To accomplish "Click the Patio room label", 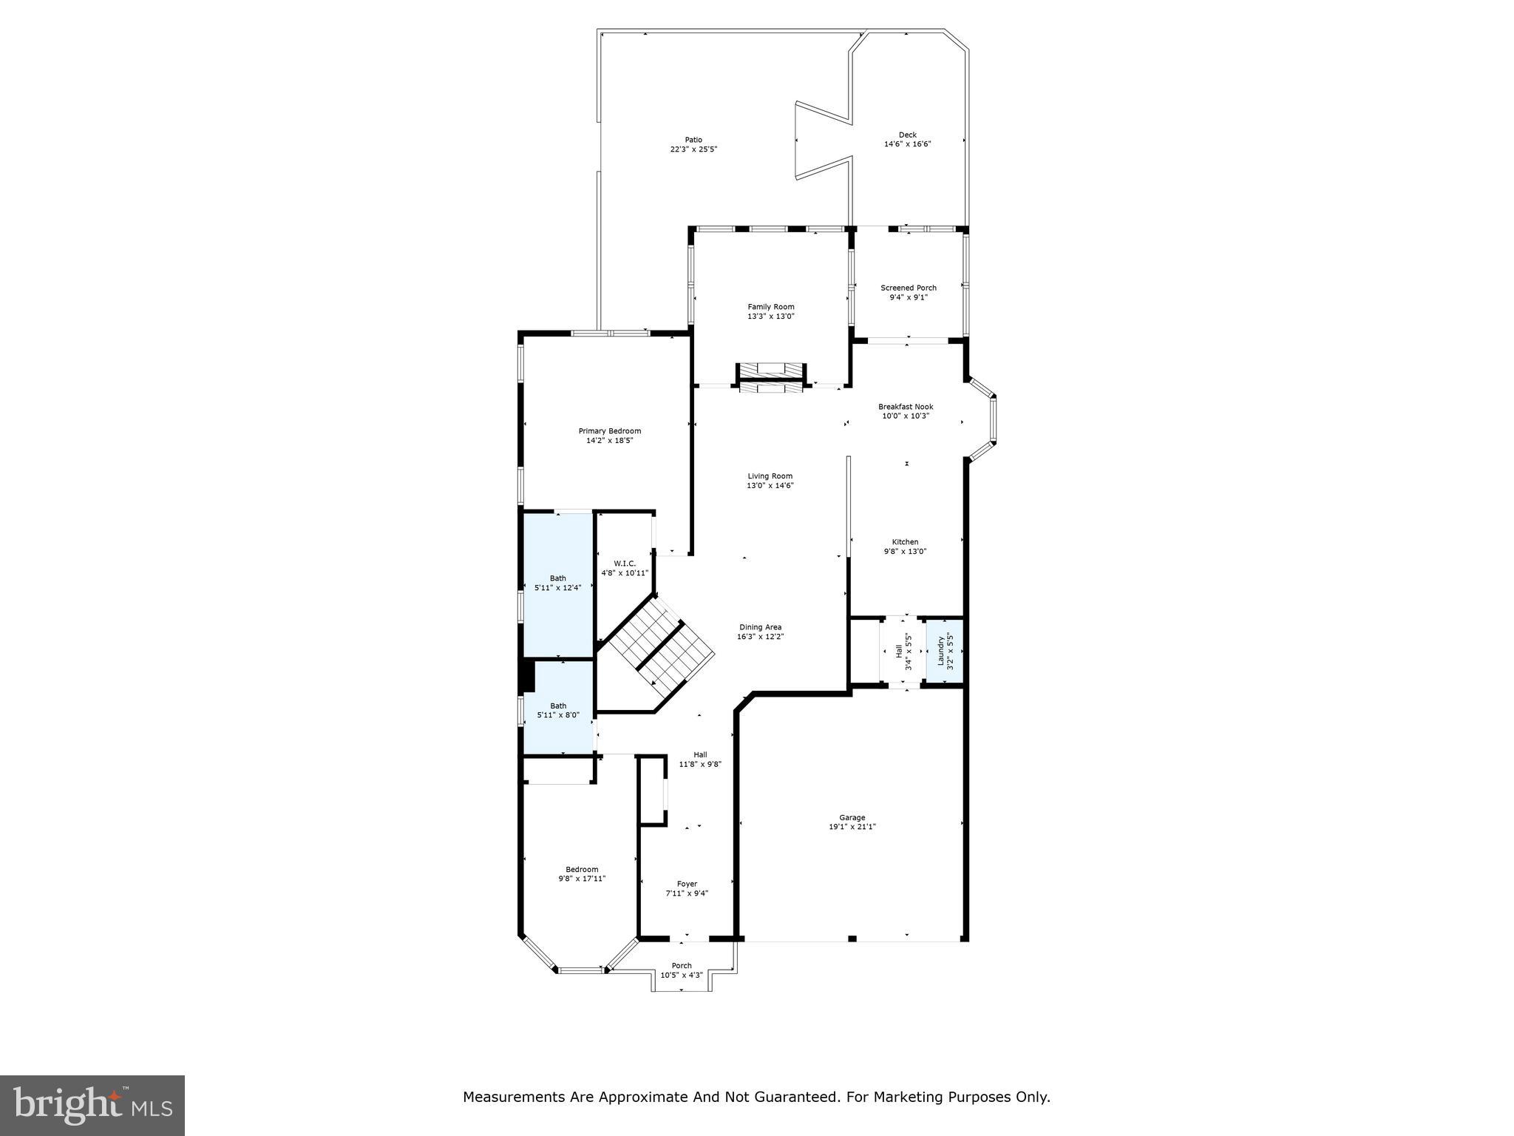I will pos(693,140).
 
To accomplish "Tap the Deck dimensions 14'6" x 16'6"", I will pos(907,144).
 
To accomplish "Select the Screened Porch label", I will pos(908,288).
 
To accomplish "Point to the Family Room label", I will pos(770,307).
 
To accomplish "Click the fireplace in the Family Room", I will pos(770,377).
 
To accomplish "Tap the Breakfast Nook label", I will pos(905,407).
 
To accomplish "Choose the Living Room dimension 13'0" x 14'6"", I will pos(770,486).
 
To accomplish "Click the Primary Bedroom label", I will pos(609,431).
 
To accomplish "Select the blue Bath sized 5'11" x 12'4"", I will pos(558,584).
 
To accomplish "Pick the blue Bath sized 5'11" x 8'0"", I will pos(558,711).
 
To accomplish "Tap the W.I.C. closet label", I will pos(624,564).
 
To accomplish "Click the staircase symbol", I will pos(656,643).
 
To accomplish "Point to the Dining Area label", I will pos(760,627).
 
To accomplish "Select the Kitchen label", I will pos(905,542).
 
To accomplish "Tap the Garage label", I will pos(852,818).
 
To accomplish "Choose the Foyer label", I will pos(687,884).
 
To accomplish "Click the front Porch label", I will pos(681,965).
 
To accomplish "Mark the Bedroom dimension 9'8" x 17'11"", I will pos(582,879).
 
